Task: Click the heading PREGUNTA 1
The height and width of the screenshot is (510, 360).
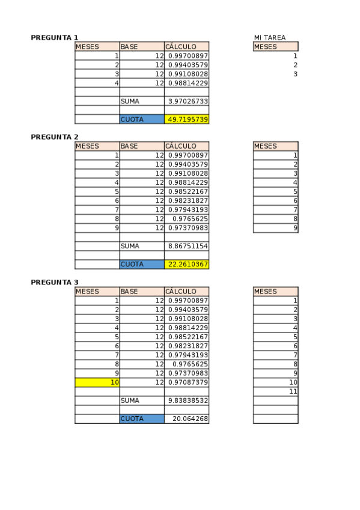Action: click(x=55, y=38)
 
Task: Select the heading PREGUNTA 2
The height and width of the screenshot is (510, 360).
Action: click(x=55, y=137)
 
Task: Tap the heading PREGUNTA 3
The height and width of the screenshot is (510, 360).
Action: click(x=55, y=282)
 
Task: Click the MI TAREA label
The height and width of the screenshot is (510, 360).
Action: click(x=270, y=38)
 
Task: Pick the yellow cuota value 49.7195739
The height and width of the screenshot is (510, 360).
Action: click(x=187, y=120)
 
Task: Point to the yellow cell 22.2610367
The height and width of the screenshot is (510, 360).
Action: click(x=187, y=265)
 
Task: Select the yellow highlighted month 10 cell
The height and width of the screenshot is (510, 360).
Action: click(x=97, y=382)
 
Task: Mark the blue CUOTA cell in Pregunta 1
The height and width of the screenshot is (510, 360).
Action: click(x=142, y=120)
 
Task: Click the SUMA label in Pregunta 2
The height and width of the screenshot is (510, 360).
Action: click(x=130, y=246)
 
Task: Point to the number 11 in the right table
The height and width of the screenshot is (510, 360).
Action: click(x=293, y=392)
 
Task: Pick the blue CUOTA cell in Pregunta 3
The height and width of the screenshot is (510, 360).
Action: click(x=142, y=419)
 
